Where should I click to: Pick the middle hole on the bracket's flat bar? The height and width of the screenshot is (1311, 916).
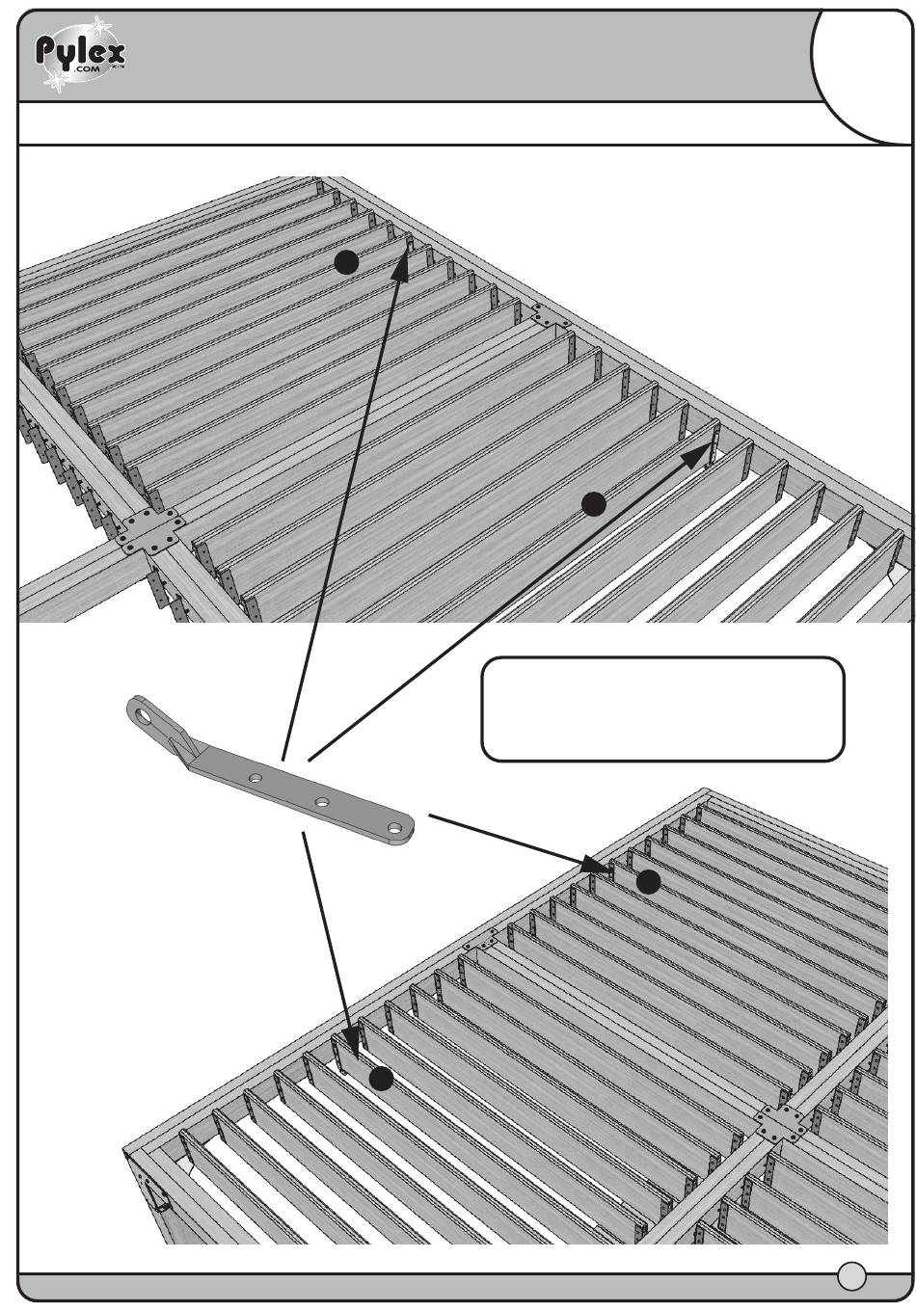click(321, 802)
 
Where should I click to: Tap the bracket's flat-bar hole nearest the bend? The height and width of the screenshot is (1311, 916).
click(255, 779)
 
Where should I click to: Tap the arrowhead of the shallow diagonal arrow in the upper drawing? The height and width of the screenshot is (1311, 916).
click(699, 454)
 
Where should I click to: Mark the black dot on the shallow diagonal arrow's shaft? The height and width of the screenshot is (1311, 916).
click(594, 504)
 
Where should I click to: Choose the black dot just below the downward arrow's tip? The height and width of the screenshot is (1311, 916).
click(381, 1079)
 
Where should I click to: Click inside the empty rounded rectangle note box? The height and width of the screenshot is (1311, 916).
click(662, 709)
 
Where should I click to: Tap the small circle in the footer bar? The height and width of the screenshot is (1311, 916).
click(851, 1276)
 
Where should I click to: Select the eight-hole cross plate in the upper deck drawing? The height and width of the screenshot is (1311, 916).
click(149, 531)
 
